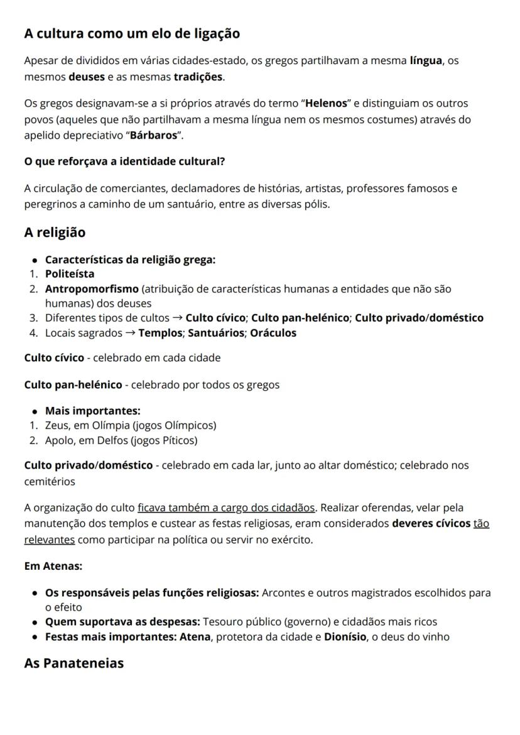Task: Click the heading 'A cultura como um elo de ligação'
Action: [132, 34]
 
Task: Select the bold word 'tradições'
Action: [198, 77]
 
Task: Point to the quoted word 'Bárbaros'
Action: [153, 136]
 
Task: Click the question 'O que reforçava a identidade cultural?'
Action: [124, 161]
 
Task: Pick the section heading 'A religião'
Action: [55, 232]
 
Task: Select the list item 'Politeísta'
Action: [70, 274]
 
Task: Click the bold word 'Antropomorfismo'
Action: [92, 289]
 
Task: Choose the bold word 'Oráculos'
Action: [273, 333]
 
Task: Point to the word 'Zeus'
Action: [57, 425]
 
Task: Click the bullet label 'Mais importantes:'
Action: [92, 411]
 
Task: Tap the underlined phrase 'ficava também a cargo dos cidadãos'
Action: [226, 508]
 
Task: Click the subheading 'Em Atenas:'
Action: [53, 566]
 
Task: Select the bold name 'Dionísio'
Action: [345, 637]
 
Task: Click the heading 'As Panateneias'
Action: [74, 663]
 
